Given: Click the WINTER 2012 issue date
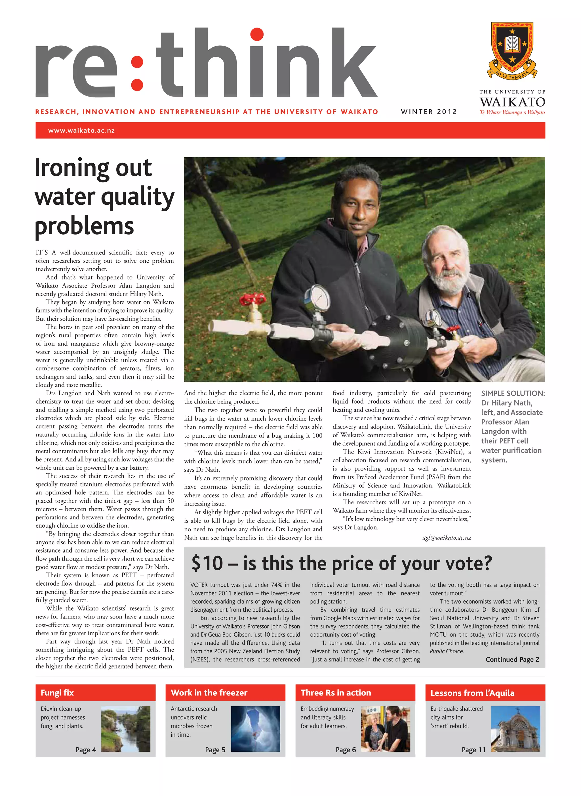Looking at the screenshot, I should coord(429,112).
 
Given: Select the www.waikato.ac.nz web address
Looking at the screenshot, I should coord(81,131).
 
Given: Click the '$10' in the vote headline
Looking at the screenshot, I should coord(207,563).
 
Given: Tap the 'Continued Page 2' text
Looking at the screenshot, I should coord(512,659).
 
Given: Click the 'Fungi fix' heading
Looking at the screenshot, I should coord(57,693).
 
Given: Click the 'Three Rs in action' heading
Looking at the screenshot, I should coord(336,693).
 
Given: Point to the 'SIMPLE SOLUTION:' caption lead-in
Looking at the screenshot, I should coord(513,394).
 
